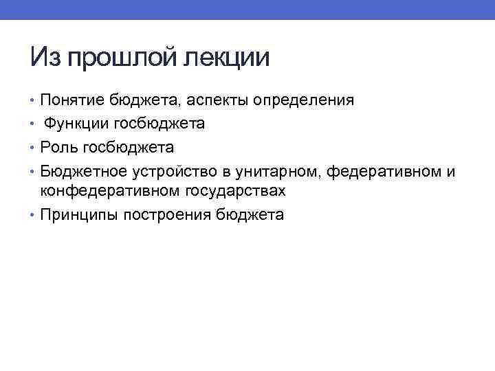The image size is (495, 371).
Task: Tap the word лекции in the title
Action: pyautogui.click(x=227, y=57)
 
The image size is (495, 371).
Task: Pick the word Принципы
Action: pyautogui.click(x=79, y=215)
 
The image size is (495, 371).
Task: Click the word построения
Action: pyautogui.click(x=169, y=215)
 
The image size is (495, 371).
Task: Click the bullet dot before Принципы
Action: pyautogui.click(x=34, y=215)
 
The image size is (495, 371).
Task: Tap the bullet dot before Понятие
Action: pyautogui.click(x=34, y=100)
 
